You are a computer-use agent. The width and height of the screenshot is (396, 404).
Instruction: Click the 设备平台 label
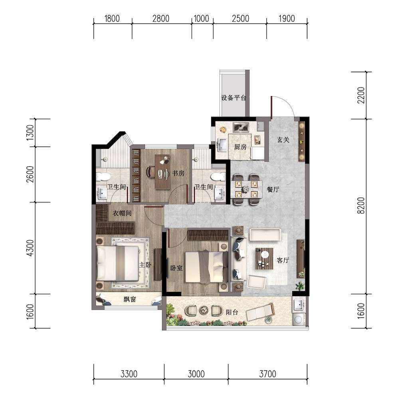point(234,98)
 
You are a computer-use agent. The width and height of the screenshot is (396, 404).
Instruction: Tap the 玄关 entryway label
point(283,140)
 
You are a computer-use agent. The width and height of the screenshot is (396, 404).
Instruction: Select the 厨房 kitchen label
point(240,147)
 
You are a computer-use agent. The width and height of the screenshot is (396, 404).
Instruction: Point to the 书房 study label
point(178,173)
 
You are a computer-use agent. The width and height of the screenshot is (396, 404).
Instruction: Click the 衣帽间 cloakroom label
point(122,213)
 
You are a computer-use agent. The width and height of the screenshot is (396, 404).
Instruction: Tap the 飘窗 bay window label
point(130,299)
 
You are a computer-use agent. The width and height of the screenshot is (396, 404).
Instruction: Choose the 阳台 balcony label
point(232,312)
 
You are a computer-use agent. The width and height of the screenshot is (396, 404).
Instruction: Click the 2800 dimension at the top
point(161,18)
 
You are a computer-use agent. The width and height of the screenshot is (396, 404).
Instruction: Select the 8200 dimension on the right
point(361,205)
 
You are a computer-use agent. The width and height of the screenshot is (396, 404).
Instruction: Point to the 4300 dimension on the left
point(30,248)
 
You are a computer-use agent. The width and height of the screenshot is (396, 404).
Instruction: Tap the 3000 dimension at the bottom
point(196,374)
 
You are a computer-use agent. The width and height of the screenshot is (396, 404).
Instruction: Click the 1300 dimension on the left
point(30,133)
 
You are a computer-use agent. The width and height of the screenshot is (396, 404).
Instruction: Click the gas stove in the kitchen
point(241,127)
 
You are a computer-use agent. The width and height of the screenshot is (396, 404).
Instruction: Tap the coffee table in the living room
point(264,258)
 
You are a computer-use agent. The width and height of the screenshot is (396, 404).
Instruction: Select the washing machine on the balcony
point(299,319)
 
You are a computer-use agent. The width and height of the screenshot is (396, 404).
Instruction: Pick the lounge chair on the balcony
point(260,312)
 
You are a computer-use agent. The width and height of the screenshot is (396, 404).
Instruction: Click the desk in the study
point(162,172)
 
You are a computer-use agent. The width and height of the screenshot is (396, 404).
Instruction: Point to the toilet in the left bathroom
point(103,177)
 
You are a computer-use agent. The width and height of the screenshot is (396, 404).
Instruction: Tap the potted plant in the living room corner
point(300,285)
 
